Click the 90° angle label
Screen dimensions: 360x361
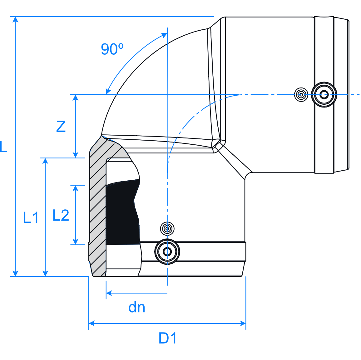tap(112, 49)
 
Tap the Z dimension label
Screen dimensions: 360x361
tap(61, 126)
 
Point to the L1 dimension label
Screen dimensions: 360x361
tap(31, 217)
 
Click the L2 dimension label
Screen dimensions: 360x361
tap(61, 215)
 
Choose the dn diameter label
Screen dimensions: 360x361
tap(137, 307)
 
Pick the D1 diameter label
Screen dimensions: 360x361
tap(168, 338)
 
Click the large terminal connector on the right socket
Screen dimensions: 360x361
tap(324, 94)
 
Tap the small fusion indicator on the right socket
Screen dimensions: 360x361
tap(301, 94)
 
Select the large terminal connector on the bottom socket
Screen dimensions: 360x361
tap(167, 252)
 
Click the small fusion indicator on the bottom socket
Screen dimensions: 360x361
tap(167, 229)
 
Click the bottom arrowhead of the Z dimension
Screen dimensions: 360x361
tap(75, 155)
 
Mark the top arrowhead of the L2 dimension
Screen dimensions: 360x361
tap(75, 188)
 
